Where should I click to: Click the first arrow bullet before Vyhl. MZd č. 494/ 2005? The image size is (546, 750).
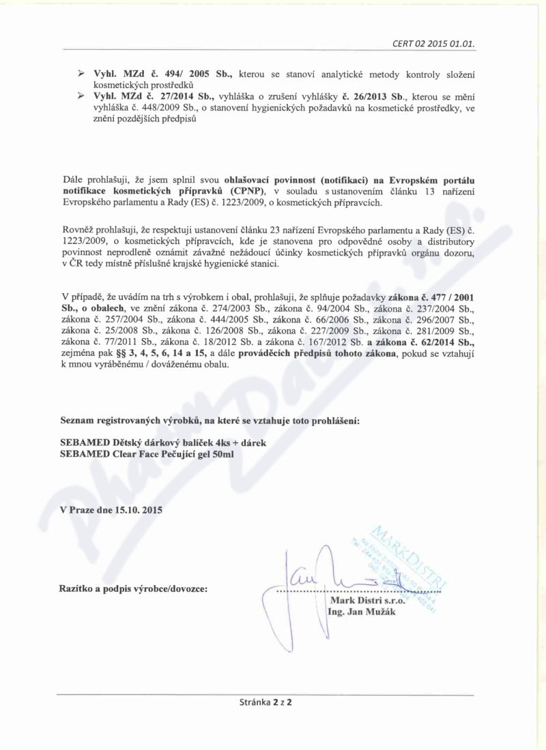[79, 73]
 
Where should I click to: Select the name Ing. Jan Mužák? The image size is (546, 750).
[362, 612]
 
